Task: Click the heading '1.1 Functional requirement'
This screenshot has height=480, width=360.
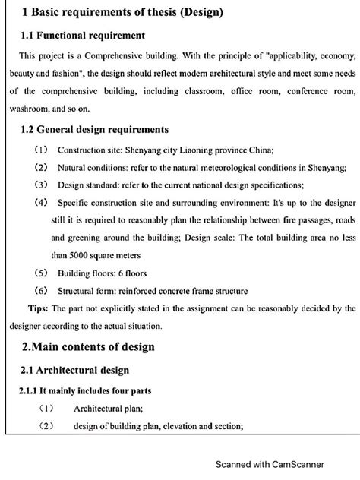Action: point(84,36)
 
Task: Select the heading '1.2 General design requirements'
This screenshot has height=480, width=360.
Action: point(95,130)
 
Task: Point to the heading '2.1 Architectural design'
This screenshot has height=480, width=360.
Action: point(75,370)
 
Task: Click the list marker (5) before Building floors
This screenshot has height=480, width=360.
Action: point(42,272)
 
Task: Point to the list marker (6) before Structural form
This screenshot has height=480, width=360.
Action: point(42,290)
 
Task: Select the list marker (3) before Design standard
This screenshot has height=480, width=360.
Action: point(42,185)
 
